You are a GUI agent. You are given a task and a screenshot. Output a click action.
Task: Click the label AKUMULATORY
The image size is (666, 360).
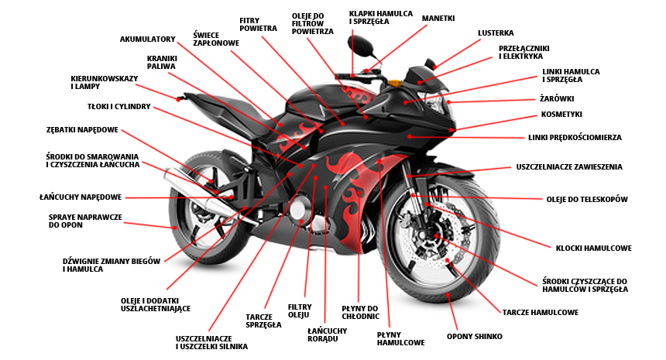click(x=147, y=39)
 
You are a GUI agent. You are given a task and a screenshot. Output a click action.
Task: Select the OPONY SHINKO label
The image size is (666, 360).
click(x=475, y=337)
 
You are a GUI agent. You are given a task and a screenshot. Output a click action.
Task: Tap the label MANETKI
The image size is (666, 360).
click(x=438, y=18)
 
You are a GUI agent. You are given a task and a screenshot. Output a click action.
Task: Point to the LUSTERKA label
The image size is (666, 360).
click(x=496, y=33)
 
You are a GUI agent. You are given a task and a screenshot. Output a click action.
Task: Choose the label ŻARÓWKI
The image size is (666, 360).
click(x=557, y=99)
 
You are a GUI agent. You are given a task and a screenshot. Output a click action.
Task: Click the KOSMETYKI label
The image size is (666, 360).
click(x=561, y=115)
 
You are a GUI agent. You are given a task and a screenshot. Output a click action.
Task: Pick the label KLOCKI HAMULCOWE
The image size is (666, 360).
click(x=593, y=249)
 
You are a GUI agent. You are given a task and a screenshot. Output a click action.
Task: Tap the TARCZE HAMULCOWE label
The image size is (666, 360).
click(x=540, y=313)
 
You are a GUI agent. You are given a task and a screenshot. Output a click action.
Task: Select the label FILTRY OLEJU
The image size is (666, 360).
click(x=299, y=310)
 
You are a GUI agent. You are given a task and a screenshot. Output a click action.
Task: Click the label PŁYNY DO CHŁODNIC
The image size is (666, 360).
click(x=360, y=312)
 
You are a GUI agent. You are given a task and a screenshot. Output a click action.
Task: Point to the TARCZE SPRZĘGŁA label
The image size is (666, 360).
click(x=263, y=321)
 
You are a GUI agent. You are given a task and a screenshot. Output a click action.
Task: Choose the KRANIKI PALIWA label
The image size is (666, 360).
click(x=162, y=62)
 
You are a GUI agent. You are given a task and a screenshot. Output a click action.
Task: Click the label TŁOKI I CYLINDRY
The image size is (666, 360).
click(x=118, y=106)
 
